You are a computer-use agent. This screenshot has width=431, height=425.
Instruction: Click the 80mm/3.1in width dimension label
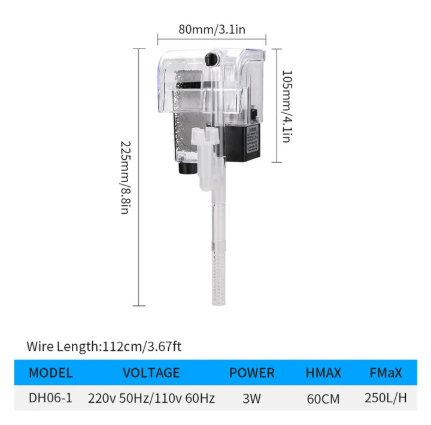click(x=212, y=29)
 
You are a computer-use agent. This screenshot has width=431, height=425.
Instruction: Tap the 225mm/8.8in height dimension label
click(x=125, y=178)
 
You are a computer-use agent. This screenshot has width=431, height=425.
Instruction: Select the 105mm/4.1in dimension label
click(x=287, y=106)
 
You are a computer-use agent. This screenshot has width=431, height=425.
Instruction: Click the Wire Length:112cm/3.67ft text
click(x=104, y=346)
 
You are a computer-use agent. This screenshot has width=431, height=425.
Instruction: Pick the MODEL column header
click(x=51, y=373)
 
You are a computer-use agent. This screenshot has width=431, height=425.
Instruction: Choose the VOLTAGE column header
click(x=151, y=373)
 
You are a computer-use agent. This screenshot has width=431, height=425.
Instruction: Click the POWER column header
click(x=252, y=373)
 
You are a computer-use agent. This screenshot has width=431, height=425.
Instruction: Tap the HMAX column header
click(x=323, y=373)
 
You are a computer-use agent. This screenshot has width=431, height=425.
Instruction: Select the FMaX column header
click(x=386, y=373)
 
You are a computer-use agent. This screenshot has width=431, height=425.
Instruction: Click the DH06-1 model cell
click(x=50, y=398)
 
